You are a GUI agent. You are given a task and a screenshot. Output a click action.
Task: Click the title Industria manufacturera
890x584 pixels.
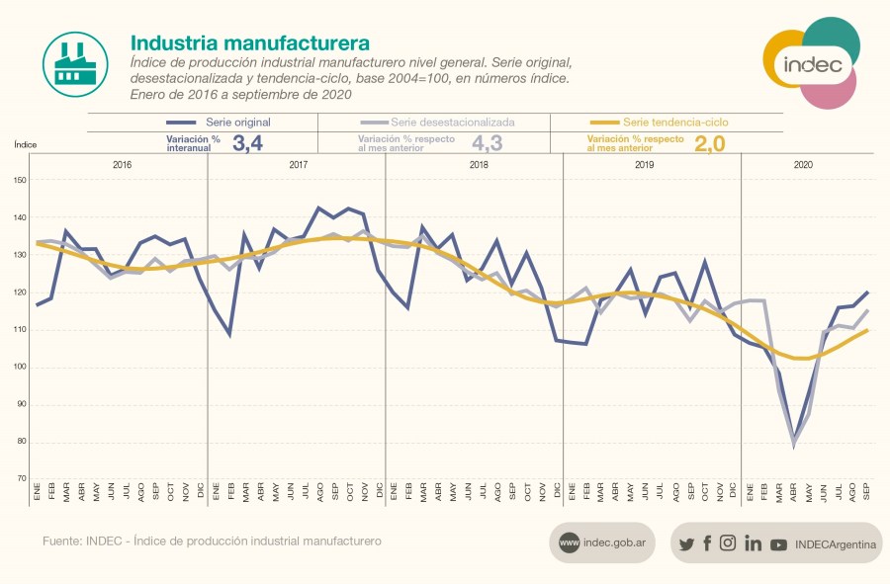pyautogui.click(x=250, y=43)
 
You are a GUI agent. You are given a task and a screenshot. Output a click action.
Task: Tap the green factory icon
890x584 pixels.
pyautogui.click(x=75, y=63)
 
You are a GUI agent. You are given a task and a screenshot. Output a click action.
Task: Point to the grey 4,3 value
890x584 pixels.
pyautogui.click(x=486, y=143)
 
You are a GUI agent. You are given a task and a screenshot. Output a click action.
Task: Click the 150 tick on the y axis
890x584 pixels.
pyautogui.click(x=21, y=180)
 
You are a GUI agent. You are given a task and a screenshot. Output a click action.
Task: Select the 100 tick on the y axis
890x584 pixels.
pyautogui.click(x=21, y=368)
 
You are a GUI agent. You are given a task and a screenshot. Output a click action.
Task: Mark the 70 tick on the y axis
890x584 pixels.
pyautogui.click(x=22, y=479)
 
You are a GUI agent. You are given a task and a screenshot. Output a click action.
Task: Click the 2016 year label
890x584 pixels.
pyautogui.click(x=122, y=165)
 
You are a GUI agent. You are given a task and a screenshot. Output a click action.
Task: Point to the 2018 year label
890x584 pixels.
pyautogui.click(x=479, y=165)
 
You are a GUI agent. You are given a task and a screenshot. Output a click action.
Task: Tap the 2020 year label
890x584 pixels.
pyautogui.click(x=803, y=165)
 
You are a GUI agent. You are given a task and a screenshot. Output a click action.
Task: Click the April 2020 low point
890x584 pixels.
pyautogui.click(x=793, y=444)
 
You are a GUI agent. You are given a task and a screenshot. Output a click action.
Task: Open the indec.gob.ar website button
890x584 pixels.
pyautogui.click(x=603, y=542)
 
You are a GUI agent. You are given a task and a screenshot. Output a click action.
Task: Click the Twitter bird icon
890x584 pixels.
pyautogui.click(x=686, y=543)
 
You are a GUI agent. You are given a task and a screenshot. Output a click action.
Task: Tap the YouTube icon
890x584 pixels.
pyautogui.click(x=778, y=543)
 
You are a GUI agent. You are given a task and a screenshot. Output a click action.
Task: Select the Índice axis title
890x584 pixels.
pyautogui.click(x=26, y=144)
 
